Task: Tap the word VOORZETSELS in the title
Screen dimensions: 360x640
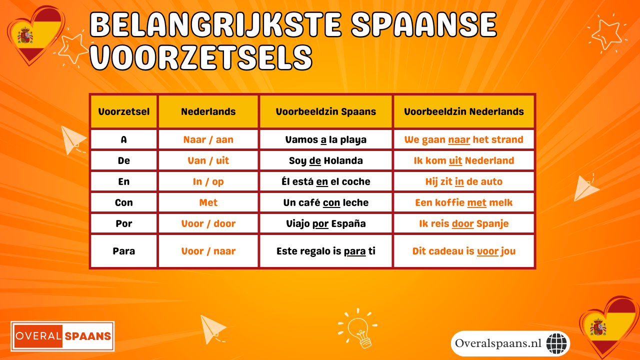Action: click(200, 57)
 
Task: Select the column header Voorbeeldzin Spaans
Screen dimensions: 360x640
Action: click(325, 111)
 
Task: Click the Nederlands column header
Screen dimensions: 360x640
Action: click(208, 111)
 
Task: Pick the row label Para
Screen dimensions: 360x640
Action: click(123, 251)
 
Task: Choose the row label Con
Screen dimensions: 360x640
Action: click(123, 202)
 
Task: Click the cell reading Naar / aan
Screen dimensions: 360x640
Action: click(208, 139)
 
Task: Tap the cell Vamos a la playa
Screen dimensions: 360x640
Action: click(325, 139)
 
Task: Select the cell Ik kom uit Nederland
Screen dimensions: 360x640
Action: click(463, 160)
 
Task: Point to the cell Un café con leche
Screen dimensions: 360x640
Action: click(325, 202)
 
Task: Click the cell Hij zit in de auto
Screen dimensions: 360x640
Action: click(463, 181)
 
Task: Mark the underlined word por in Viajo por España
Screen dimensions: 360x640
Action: click(320, 223)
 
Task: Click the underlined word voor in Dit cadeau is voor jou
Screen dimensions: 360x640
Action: click(487, 251)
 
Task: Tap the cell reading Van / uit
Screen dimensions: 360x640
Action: click(208, 160)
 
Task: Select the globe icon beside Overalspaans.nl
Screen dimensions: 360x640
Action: click(557, 343)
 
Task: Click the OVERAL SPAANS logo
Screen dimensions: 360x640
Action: click(63, 336)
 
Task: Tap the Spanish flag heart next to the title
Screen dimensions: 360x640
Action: click(34, 35)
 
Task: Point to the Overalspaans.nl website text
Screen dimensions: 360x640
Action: click(498, 343)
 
